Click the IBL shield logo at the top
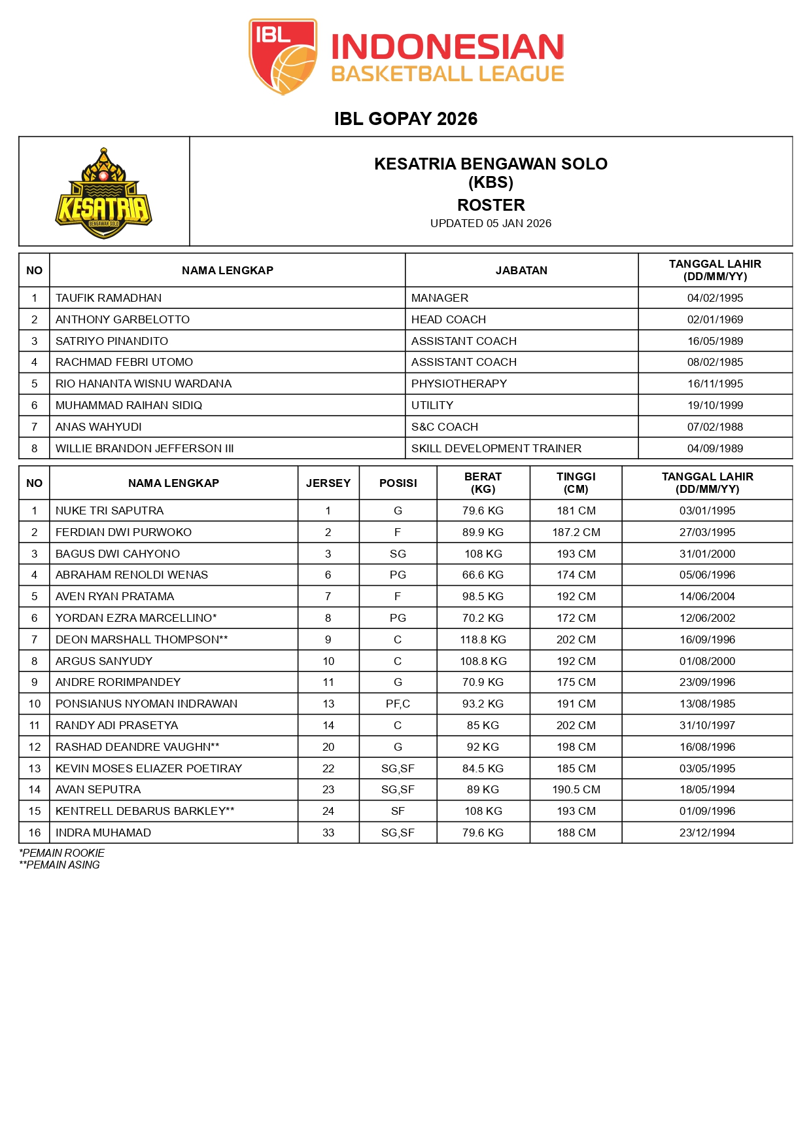[x=283, y=56]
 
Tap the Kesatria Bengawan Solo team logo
[x=104, y=193]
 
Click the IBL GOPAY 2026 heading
[x=405, y=118]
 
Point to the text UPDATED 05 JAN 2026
[x=491, y=223]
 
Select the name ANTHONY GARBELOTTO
[x=122, y=319]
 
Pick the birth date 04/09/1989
[x=715, y=448]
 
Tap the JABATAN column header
[x=521, y=270]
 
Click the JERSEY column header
[x=328, y=483]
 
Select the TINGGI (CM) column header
[x=576, y=483]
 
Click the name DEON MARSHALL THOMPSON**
[x=141, y=639]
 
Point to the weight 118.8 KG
[x=483, y=639]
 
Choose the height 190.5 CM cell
[x=576, y=789]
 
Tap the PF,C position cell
[x=398, y=704]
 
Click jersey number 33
[x=328, y=833]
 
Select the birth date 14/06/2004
[x=707, y=596]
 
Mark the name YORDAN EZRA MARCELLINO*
[x=136, y=618]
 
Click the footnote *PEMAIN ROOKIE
[x=61, y=853]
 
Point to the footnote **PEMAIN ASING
[x=60, y=865]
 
